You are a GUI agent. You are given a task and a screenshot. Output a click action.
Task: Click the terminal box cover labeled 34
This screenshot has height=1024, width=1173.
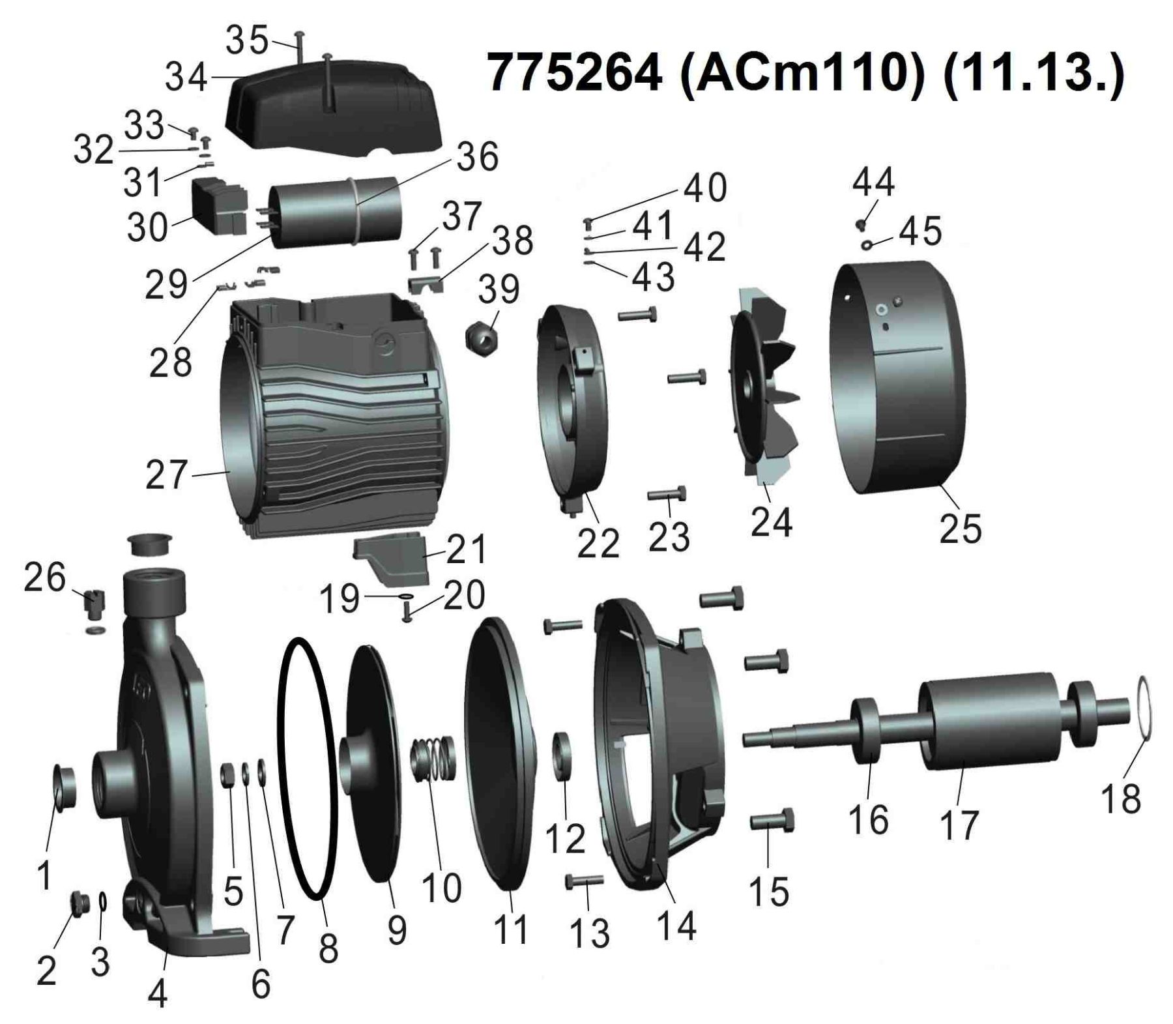332,107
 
